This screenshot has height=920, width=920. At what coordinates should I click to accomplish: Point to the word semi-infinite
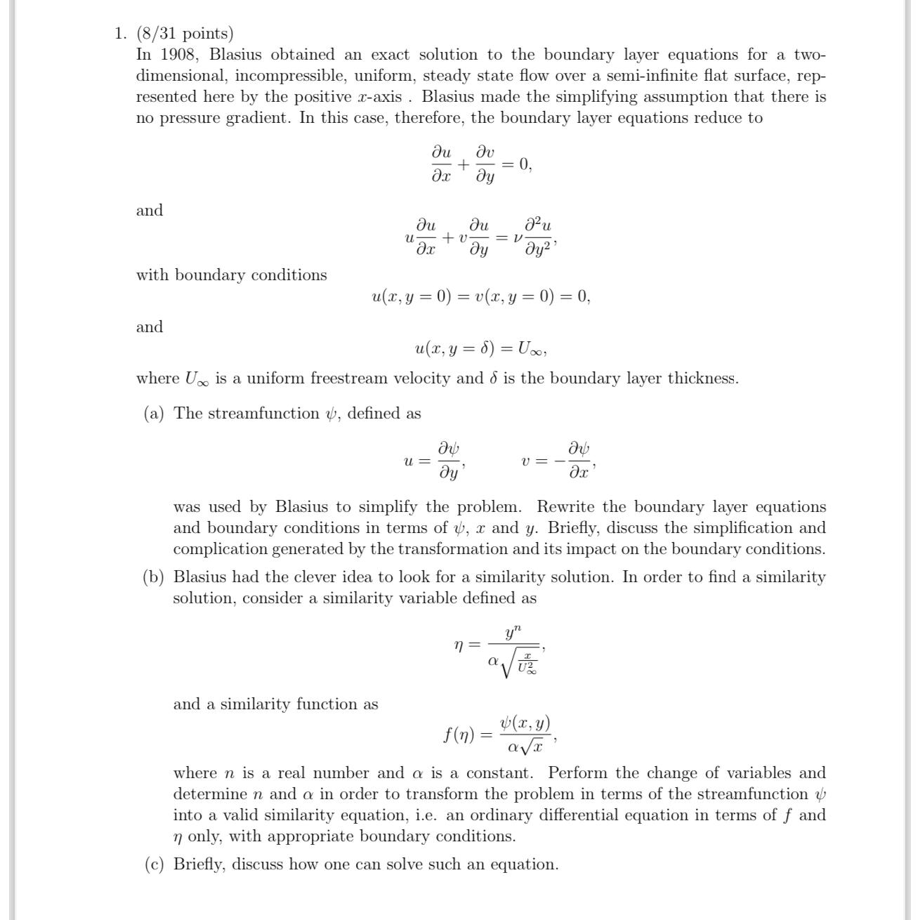pos(653,76)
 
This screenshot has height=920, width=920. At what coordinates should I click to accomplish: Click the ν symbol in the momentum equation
pos(518,238)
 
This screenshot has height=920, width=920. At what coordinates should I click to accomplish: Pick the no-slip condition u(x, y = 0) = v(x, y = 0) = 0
pos(481,297)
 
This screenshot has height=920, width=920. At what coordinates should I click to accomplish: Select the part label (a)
pos(154,414)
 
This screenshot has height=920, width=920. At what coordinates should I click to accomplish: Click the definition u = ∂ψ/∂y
pos(435,460)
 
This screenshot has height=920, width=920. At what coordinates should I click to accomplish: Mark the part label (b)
pos(154,577)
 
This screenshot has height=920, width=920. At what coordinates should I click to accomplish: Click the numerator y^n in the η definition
pos(513,631)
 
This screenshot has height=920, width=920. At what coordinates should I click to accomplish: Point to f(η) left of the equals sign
pos(459,735)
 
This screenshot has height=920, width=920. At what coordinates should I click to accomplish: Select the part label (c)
pos(154,865)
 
